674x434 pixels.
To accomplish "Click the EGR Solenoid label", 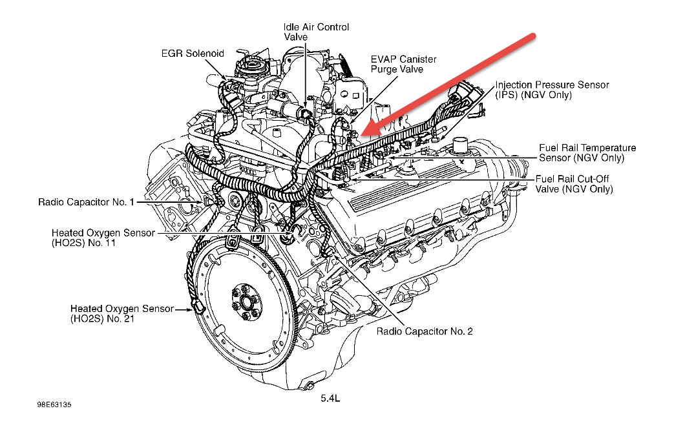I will click(193, 54).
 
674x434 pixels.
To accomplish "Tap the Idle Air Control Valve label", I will click(317, 32).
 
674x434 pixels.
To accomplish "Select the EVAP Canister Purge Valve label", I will click(404, 64).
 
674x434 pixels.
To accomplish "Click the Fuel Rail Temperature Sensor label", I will click(587, 152).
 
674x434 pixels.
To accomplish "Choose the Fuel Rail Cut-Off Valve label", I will click(574, 183).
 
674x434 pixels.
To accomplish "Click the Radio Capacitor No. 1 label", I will click(86, 202).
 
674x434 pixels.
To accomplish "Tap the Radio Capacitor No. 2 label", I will click(425, 331).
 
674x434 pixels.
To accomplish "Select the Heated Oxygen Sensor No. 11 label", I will click(103, 238).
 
